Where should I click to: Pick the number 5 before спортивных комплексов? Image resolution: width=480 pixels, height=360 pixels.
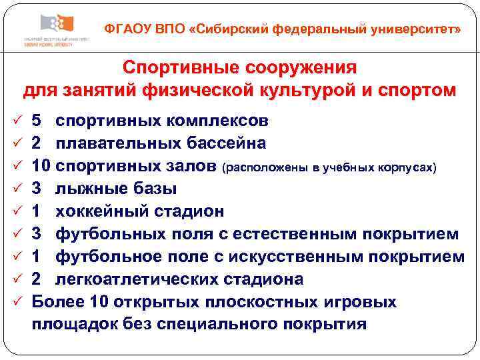point(37,121)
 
